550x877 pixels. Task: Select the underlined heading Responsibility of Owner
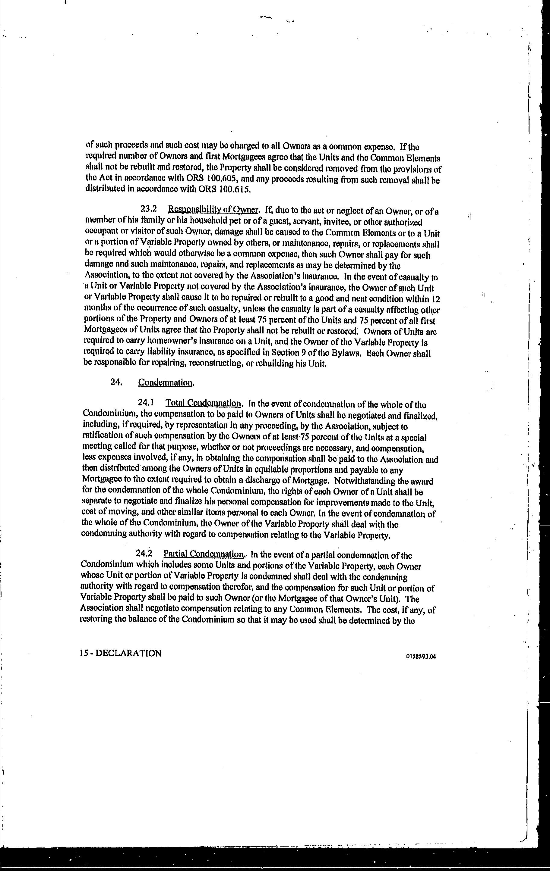point(213,210)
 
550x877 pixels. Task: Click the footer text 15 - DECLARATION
point(120,653)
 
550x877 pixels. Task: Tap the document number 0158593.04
point(421,656)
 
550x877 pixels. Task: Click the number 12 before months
point(435,299)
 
